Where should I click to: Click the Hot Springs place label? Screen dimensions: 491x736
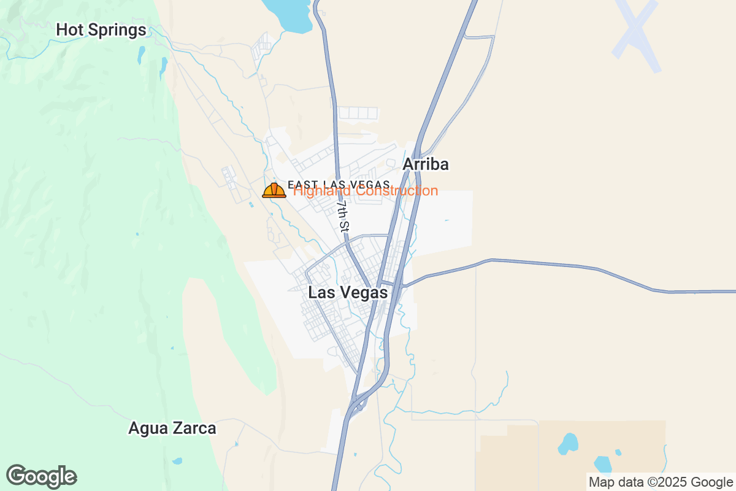101,29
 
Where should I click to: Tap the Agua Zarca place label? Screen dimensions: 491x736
172,428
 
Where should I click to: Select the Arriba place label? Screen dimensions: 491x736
426,164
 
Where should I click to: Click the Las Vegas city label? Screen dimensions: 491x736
348,293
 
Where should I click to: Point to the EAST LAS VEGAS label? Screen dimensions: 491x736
339,184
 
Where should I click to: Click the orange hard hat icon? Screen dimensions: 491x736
274,190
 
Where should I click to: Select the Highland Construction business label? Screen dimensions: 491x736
366,191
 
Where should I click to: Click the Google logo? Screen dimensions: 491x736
41,476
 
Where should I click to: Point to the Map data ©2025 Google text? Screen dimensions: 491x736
660,482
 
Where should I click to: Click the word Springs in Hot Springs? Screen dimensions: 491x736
117,29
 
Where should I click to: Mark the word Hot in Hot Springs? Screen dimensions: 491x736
69,29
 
